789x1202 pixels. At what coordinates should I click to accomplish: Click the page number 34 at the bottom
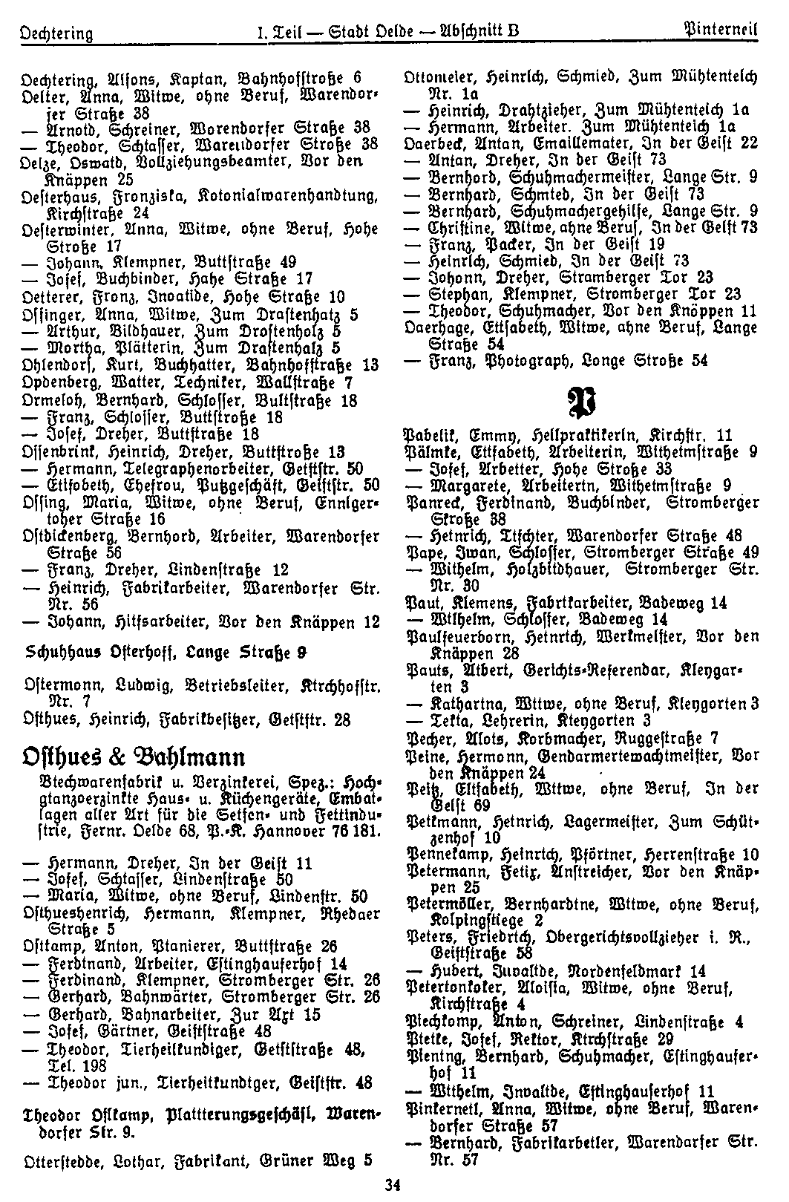[393, 1186]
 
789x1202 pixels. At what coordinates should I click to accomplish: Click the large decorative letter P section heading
[581, 402]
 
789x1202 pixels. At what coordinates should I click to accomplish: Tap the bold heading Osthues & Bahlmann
[134, 758]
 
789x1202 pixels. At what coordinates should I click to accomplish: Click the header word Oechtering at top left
[57, 33]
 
